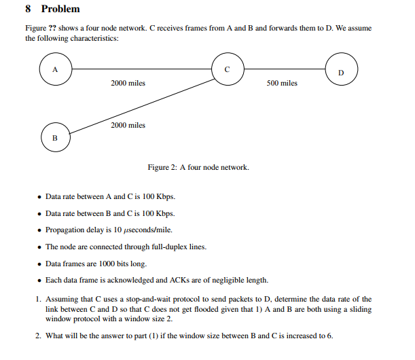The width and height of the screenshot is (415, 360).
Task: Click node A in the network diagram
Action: point(55,69)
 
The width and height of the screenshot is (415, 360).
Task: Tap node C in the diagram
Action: point(228,69)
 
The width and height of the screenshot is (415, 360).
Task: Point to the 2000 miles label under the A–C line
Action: point(128,83)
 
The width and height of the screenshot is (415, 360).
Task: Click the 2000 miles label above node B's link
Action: point(128,125)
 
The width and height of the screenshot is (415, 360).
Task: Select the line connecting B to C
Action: point(143,105)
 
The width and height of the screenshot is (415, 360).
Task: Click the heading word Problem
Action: point(60,10)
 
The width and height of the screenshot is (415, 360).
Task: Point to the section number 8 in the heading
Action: point(28,10)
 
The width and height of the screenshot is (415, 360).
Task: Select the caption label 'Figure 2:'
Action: point(162,167)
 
